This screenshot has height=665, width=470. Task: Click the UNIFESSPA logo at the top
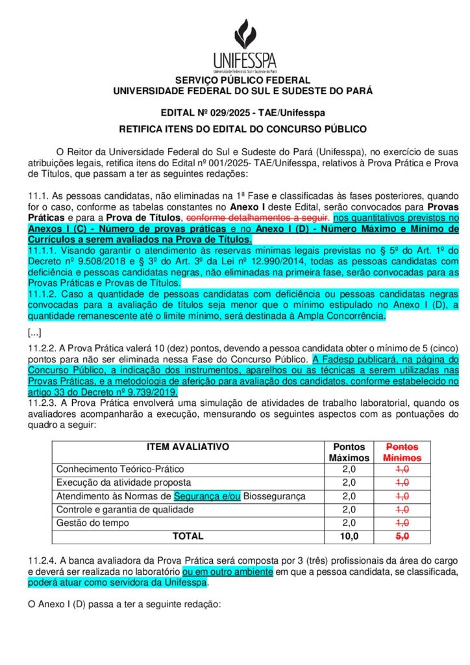click(245, 45)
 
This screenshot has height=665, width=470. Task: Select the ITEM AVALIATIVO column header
click(188, 447)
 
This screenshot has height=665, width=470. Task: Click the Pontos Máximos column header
click(349, 452)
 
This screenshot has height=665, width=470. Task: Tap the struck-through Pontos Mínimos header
click(402, 452)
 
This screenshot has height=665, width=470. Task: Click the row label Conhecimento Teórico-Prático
click(120, 469)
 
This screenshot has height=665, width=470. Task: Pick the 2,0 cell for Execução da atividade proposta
click(349, 483)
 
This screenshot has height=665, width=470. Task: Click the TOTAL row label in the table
click(188, 536)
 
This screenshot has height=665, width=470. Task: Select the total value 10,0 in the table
click(349, 536)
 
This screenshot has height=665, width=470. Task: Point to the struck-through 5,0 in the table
click(402, 536)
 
